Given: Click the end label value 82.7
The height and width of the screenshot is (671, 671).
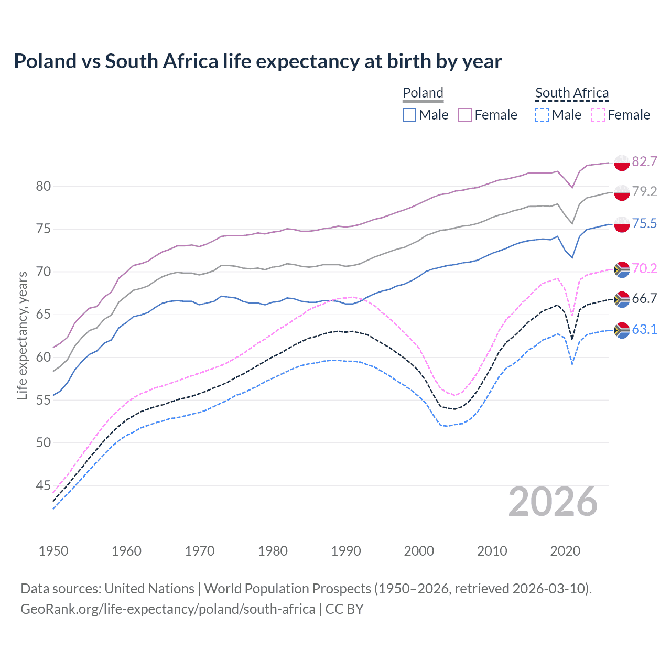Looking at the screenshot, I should (644, 161).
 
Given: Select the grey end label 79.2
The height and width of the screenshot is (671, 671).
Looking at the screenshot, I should (644, 191).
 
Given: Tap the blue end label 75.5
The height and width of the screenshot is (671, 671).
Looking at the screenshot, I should (644, 224).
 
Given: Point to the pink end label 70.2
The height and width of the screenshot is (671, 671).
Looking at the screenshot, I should (644, 269).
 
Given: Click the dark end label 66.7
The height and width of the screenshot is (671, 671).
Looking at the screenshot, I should (644, 299).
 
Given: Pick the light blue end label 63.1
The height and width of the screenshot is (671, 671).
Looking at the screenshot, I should (644, 329).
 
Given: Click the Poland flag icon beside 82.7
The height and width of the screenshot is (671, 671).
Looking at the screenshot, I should (622, 163).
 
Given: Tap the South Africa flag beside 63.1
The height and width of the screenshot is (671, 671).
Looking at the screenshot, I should (622, 330).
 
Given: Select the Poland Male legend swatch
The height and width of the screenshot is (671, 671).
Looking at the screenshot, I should (409, 115).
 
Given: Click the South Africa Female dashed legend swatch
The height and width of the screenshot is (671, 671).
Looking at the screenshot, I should (598, 115).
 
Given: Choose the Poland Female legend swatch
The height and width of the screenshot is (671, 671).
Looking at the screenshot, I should (465, 115).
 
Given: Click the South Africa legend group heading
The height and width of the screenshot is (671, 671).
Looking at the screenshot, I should (572, 93).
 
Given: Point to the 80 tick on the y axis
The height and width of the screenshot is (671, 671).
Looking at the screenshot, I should (43, 186).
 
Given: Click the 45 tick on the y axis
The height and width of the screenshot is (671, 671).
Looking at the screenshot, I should (43, 485).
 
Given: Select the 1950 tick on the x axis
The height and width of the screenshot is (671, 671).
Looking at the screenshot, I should (53, 551).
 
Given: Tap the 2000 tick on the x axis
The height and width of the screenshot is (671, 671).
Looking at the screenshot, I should (419, 551).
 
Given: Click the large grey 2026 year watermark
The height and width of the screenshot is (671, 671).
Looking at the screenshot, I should (553, 502).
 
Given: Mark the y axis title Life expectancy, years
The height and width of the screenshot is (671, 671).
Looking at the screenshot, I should (23, 335).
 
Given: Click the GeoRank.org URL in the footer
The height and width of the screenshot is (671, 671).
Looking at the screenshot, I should (168, 609).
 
